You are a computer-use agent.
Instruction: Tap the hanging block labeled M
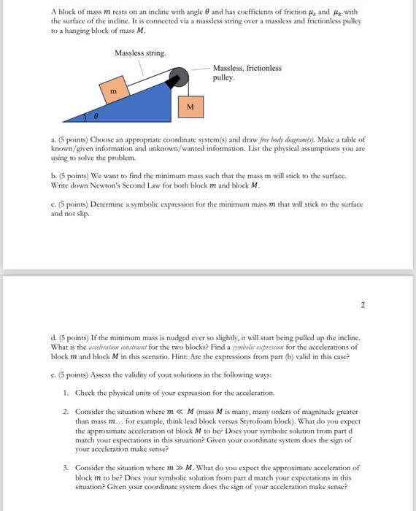point(190,107)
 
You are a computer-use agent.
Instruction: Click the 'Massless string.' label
point(140,53)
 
